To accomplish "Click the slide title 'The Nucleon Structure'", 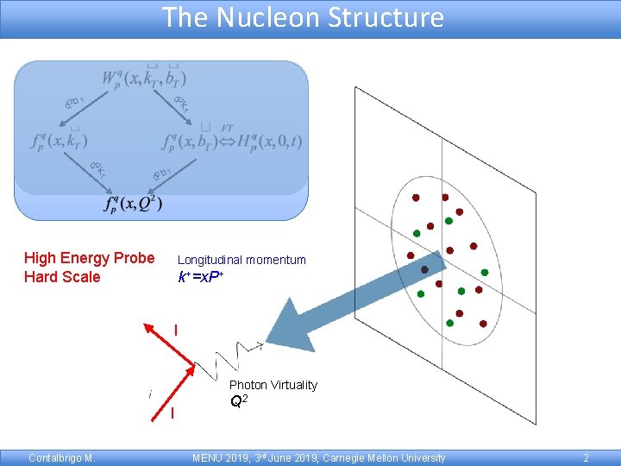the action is coord(303,17).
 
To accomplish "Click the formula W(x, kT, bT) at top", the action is coord(144,79).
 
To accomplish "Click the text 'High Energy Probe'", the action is coord(90,258).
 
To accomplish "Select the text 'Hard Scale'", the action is coord(62,277).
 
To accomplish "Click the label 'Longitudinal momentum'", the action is coord(241,260).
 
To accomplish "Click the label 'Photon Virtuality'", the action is coord(273,385).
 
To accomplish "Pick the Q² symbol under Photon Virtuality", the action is coord(240,400).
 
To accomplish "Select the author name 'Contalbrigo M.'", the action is coord(61,458).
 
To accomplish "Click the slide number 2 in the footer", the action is coord(586,458).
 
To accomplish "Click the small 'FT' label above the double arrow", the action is coord(228,128).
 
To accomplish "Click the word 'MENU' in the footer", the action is coord(208,458).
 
